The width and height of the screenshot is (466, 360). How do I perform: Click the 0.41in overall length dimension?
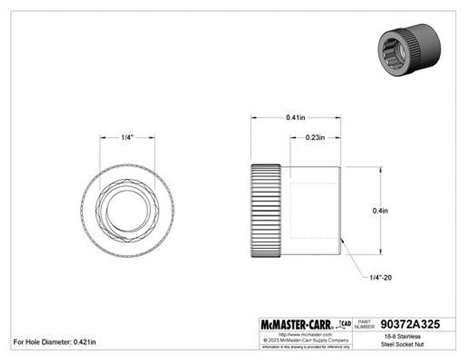[297, 117]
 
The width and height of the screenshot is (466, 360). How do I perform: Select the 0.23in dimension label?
[315, 138]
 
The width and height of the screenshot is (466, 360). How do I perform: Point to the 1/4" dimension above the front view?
[127, 138]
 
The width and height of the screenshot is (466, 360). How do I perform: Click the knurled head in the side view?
[265, 211]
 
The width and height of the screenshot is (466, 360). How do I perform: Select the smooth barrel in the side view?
[312, 211]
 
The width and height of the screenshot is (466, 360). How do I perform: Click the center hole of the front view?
[127, 211]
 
